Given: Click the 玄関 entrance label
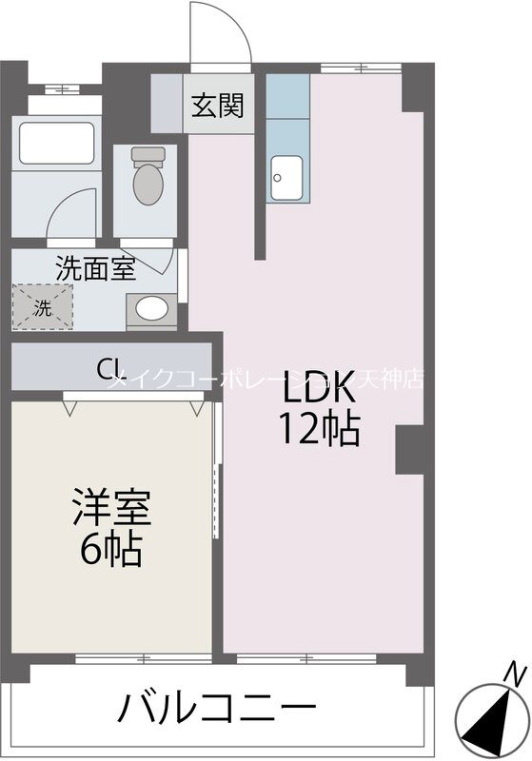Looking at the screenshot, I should (218, 105).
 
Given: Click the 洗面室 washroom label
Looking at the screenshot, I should (94, 268).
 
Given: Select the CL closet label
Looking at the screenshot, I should (109, 367).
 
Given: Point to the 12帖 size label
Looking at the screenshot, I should (319, 432).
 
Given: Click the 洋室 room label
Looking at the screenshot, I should (111, 507).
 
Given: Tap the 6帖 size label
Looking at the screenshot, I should (111, 549).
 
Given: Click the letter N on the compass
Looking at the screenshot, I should (515, 674).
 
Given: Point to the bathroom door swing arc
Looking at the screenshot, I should (71, 209).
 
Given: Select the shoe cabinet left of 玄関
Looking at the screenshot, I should (167, 102).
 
